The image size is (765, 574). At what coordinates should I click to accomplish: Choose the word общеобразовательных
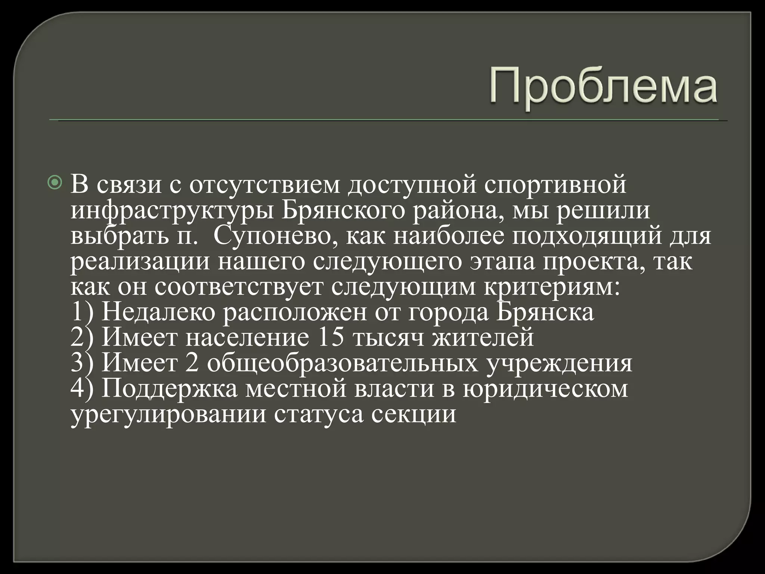pyautogui.click(x=342, y=363)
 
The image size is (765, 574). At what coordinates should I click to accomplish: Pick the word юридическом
pyautogui.click(x=545, y=389)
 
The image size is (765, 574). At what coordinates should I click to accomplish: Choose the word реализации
pyautogui.click(x=140, y=262)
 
